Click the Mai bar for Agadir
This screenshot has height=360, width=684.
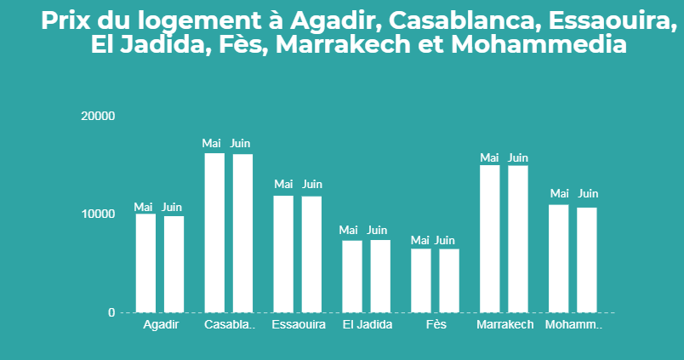(145, 263)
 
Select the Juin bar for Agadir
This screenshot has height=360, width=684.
(174, 264)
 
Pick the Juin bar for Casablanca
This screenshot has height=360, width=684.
(242, 233)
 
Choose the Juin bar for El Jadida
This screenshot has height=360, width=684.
(380, 276)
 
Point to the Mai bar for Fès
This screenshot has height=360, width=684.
(421, 280)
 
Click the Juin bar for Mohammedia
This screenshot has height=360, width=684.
(587, 260)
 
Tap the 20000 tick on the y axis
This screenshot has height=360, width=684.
(97, 116)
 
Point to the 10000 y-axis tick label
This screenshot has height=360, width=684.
(97, 214)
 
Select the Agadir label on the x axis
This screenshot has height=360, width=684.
(161, 325)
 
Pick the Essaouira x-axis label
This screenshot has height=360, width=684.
(299, 325)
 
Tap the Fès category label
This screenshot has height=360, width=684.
(436, 325)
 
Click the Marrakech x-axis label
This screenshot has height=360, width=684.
(505, 325)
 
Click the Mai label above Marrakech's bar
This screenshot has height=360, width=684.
(489, 157)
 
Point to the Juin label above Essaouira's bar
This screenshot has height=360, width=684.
(312, 184)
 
